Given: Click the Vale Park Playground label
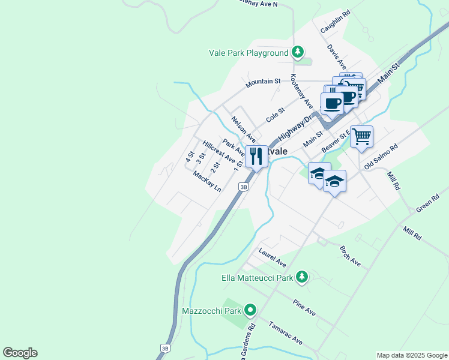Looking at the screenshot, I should tap(249, 53).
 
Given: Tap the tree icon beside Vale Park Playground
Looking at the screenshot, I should tap(298, 53).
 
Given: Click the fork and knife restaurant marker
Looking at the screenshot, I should tap(256, 157).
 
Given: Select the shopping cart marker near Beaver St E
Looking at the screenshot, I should tap(362, 136).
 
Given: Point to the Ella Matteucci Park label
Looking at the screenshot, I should tap(257, 278).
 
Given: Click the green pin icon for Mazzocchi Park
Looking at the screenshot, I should tap(250, 311).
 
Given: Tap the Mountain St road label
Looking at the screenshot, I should tap(263, 82).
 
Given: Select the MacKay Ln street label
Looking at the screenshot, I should tap(207, 181).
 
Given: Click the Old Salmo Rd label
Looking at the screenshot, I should tap(381, 156).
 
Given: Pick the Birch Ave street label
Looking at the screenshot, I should tap(350, 256).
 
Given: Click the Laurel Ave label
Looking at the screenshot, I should tap(272, 259).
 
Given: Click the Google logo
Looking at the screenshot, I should tap(20, 353).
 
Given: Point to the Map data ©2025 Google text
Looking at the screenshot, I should tap(411, 355).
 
